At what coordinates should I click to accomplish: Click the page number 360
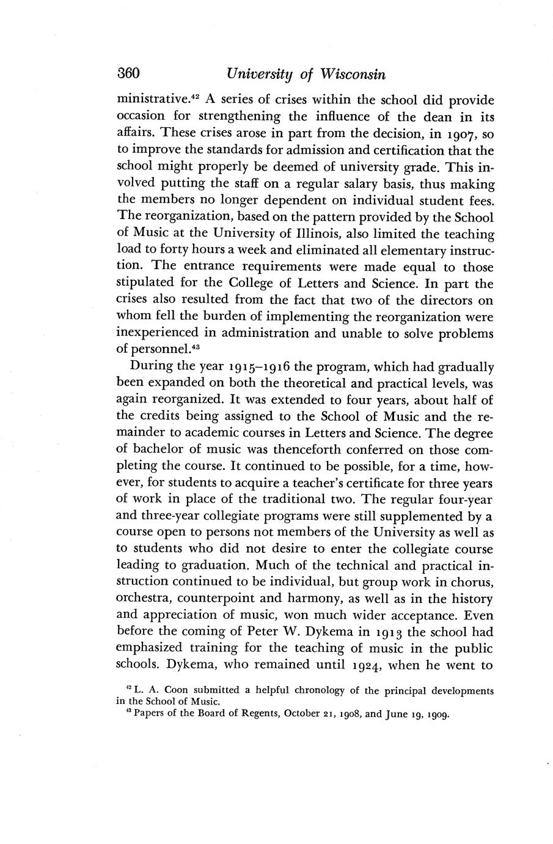pyautogui.click(x=129, y=75)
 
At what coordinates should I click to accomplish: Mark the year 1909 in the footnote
pyautogui.click(x=434, y=713)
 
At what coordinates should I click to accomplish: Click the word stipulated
pyautogui.click(x=145, y=284)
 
